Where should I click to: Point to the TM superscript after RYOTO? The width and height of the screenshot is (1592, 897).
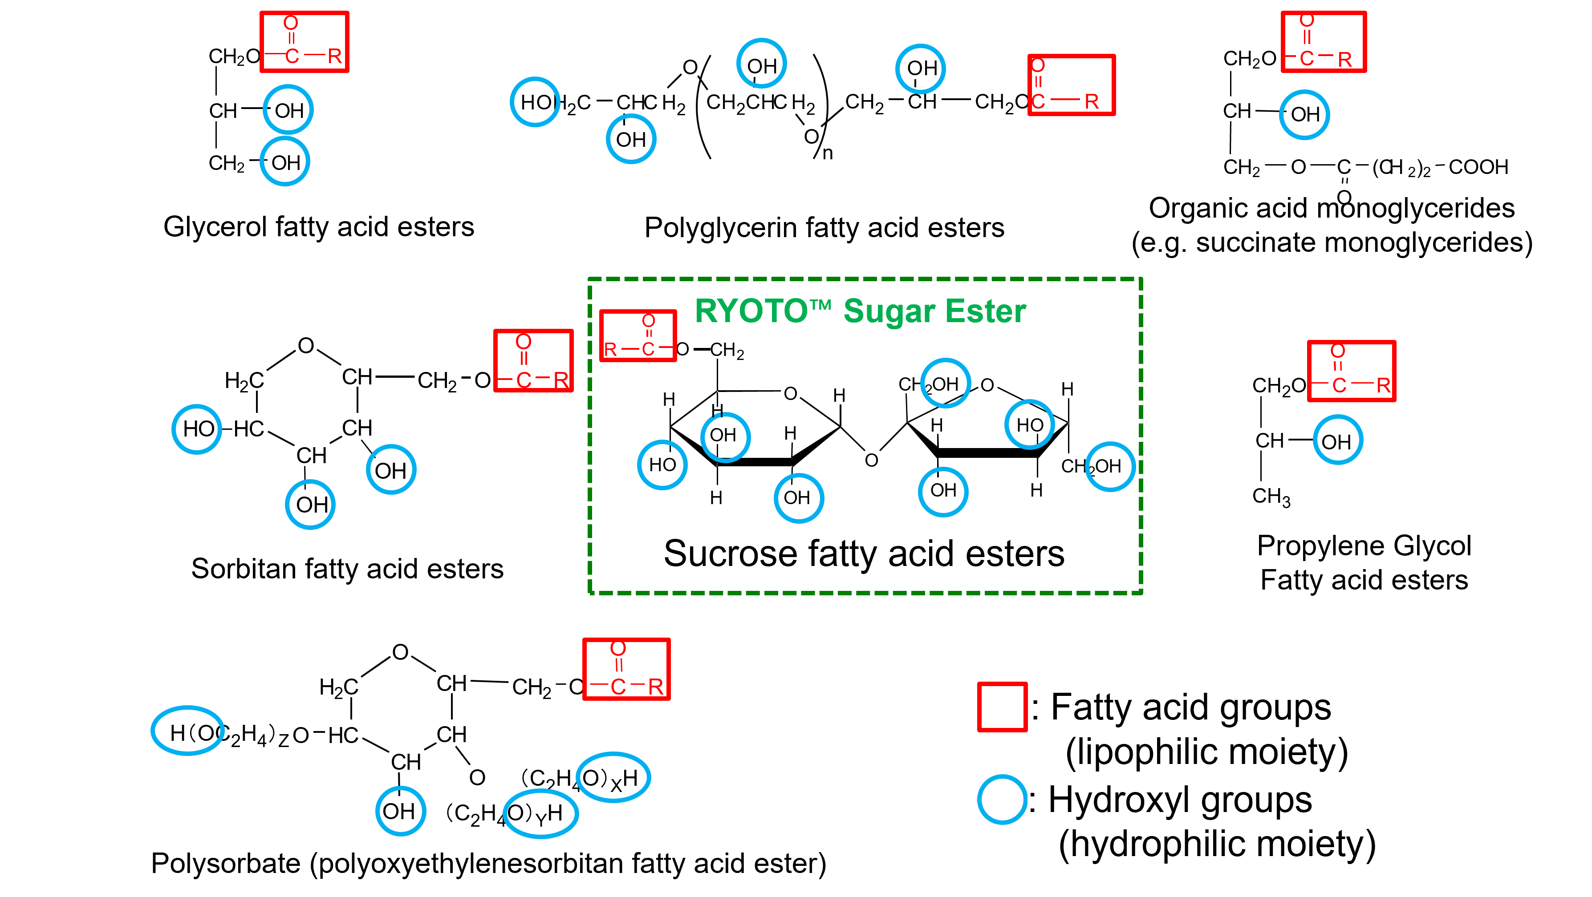pos(821,304)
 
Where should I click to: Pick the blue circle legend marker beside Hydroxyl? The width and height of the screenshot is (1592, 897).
pos(1002,800)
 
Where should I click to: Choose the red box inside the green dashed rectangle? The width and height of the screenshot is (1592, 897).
pos(638,335)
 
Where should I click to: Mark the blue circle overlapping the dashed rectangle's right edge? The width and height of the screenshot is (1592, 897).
pos(1110,466)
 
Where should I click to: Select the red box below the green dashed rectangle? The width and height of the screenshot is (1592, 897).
pos(626,669)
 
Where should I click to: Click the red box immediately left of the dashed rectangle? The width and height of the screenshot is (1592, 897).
pos(533,361)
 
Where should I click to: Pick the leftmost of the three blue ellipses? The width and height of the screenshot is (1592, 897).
pos(187,730)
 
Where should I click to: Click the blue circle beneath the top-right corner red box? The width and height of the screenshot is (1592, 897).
pos(1304,115)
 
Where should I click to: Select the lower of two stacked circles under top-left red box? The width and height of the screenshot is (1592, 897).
pos(285,161)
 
